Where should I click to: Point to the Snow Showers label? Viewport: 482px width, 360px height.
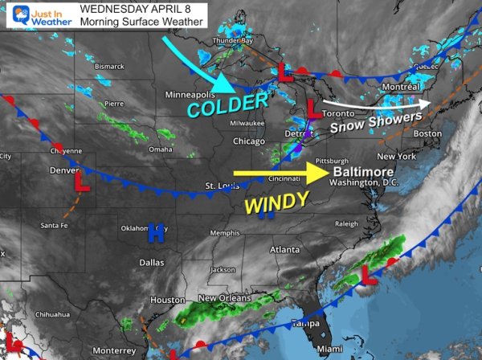376,123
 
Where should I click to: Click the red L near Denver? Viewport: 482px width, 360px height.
80,184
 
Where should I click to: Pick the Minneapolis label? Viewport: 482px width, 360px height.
191,95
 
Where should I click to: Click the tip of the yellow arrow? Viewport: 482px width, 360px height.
325,172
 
